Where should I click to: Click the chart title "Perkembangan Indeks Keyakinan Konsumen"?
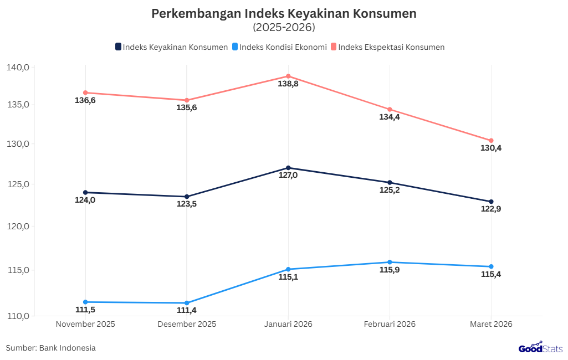coord(284,14)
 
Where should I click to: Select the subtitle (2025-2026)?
coord(284,27)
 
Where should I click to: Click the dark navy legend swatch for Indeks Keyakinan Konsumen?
coord(119,47)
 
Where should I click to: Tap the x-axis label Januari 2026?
coord(288,324)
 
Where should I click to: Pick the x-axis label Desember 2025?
coord(187,324)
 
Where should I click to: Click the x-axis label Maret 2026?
coord(491,324)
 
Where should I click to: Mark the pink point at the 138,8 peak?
coord(288,76)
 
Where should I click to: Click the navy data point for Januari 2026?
coord(288,168)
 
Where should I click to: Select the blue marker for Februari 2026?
coord(390,262)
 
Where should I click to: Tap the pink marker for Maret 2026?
coord(491,141)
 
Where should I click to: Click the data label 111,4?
coord(187,311)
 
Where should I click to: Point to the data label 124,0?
coord(85,200)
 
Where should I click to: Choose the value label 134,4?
coord(390,117)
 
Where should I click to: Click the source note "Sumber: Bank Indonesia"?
coord(51,348)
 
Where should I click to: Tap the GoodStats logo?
coord(541,348)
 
